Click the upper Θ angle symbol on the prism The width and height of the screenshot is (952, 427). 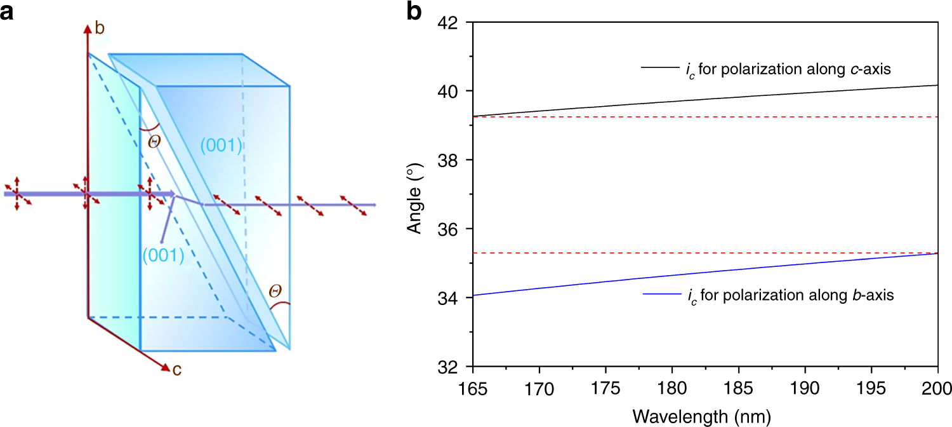click(154, 141)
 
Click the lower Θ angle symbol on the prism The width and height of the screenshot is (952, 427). click(275, 291)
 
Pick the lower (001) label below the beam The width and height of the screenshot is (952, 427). click(163, 255)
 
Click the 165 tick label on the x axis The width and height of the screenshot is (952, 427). click(472, 387)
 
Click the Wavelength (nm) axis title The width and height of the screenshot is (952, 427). click(704, 416)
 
